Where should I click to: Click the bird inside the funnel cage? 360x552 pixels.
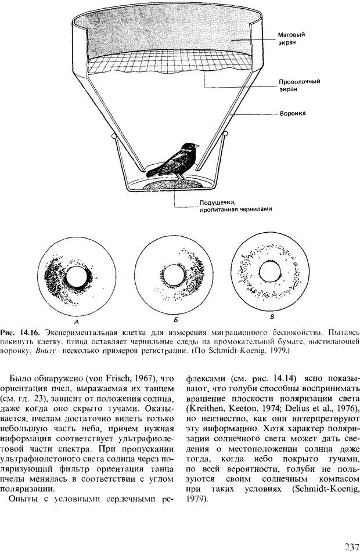coord(174,161)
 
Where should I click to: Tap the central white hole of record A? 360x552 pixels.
coord(75,278)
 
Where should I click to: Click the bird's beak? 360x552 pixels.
coord(199,147)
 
